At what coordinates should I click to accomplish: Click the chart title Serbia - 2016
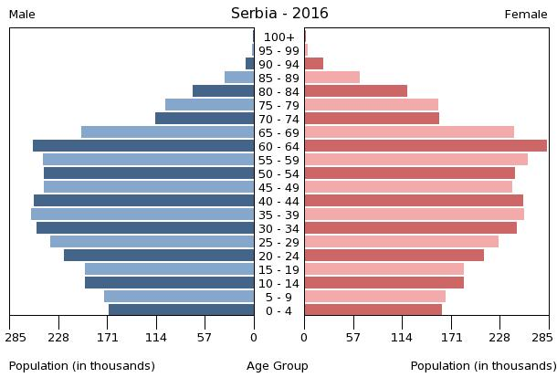279,14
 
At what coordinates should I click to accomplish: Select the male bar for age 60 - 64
143,146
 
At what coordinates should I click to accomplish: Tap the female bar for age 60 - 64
426,146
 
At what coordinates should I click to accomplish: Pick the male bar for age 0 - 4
182,310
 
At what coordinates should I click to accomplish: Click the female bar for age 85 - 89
332,78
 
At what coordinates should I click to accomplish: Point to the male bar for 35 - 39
142,215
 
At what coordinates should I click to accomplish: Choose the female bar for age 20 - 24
394,256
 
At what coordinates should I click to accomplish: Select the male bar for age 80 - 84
224,91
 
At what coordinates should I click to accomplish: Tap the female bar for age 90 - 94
314,64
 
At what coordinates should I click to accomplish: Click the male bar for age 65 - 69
168,132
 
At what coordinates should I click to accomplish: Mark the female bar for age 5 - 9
375,297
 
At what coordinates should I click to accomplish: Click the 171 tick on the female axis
451,336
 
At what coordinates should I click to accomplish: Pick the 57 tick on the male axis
205,336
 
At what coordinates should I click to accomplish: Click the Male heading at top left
23,15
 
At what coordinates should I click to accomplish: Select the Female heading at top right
526,15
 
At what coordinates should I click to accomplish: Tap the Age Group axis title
278,366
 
